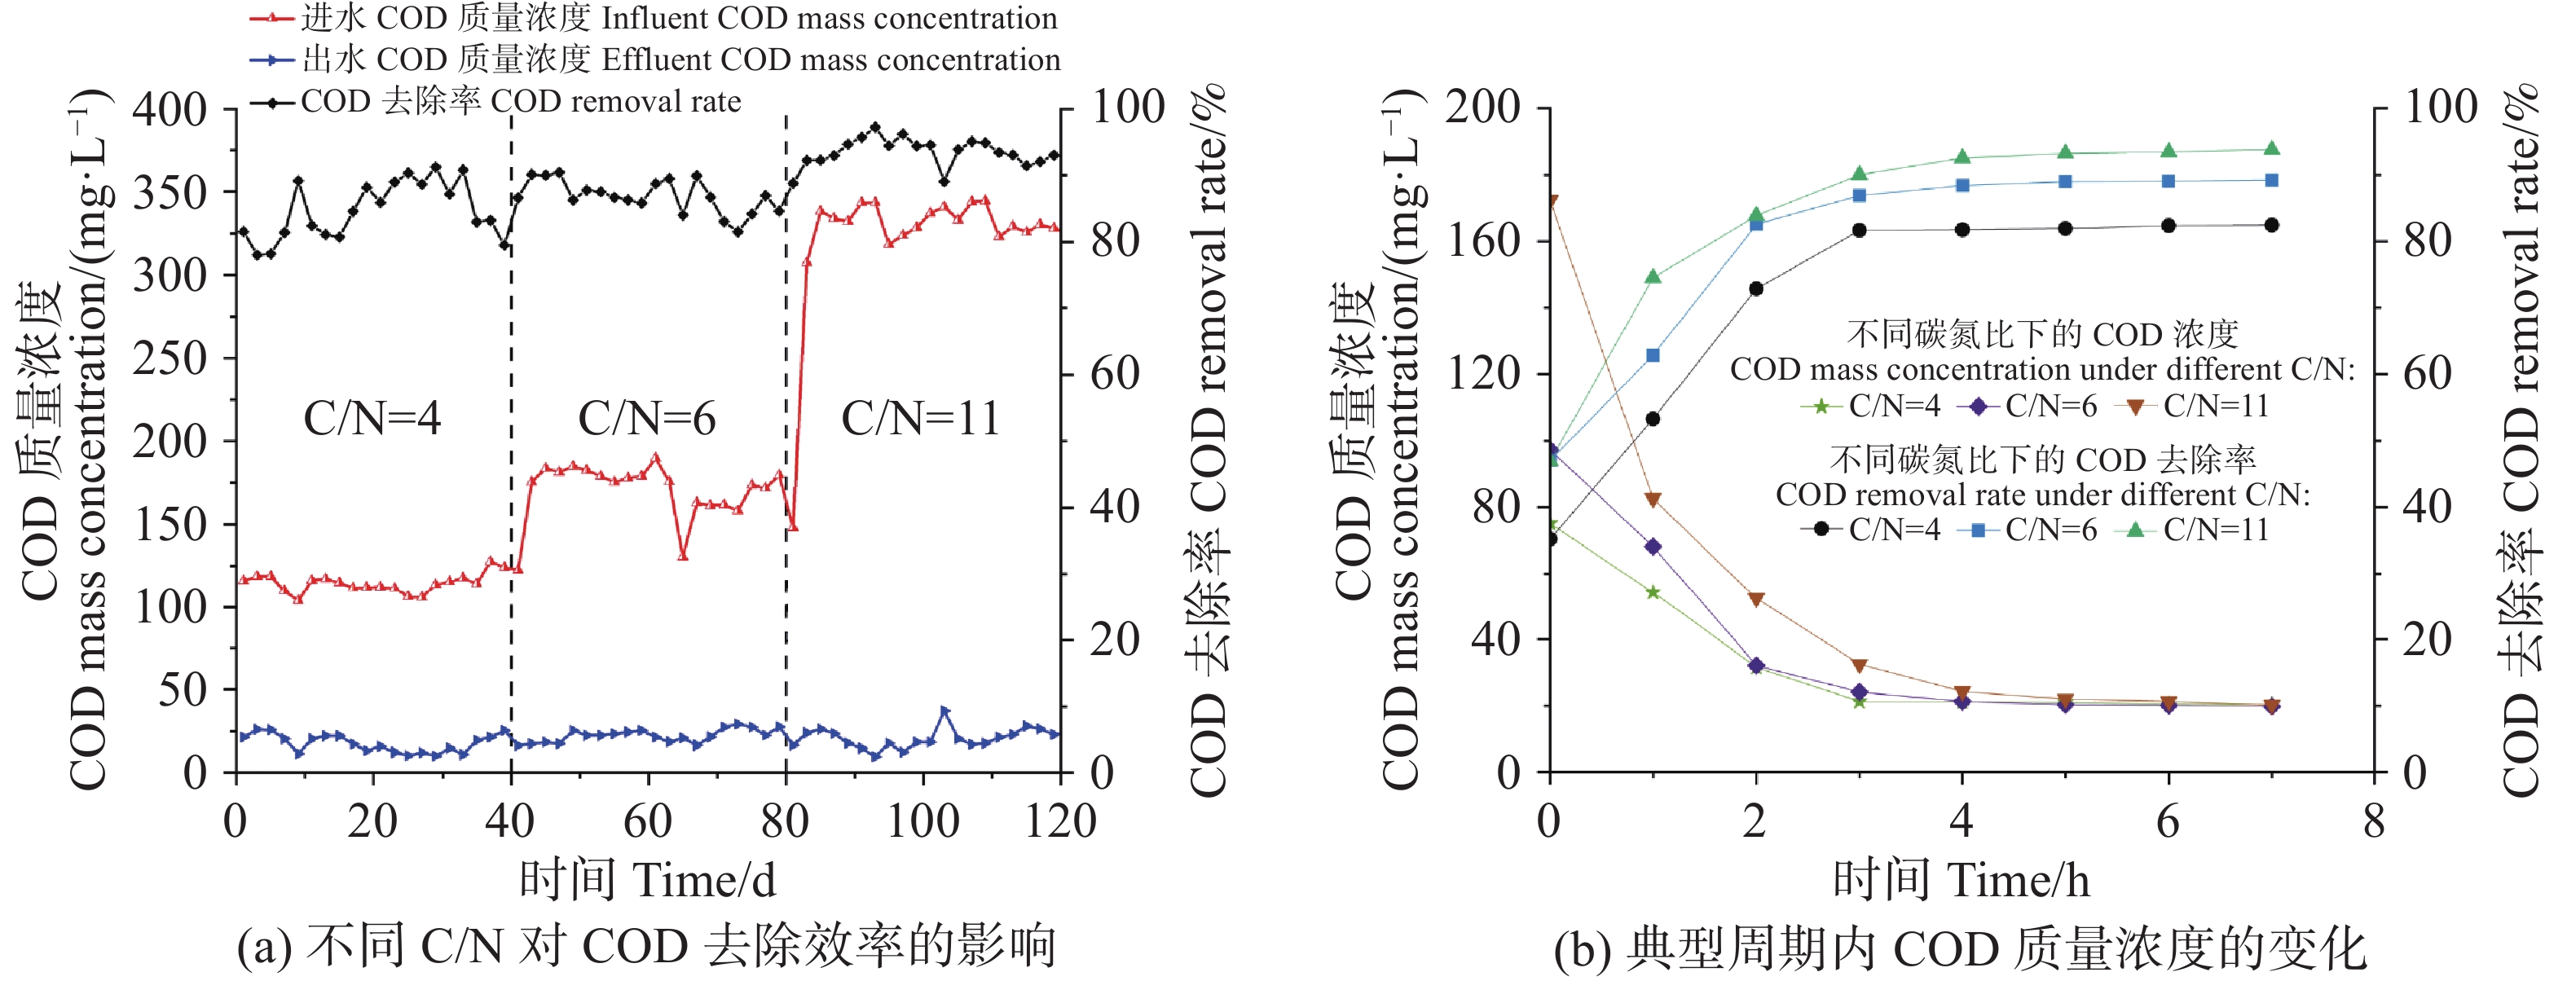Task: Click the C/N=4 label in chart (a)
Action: pos(372,418)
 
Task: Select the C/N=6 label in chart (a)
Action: pos(647,418)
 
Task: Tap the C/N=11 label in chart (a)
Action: pos(921,418)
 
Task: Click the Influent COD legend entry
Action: pos(678,18)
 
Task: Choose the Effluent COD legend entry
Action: pos(680,59)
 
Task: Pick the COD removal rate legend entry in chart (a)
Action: pos(519,102)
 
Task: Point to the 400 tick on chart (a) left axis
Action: pos(170,108)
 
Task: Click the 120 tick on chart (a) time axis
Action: pos(1060,821)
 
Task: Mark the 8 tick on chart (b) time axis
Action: pos(2375,821)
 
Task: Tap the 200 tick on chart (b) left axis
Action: pos(1483,107)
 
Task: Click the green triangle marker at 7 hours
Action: pos(2272,148)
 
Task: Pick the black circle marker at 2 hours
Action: pos(1756,288)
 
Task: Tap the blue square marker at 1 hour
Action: pos(1652,354)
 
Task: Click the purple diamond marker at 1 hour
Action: pos(1652,547)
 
